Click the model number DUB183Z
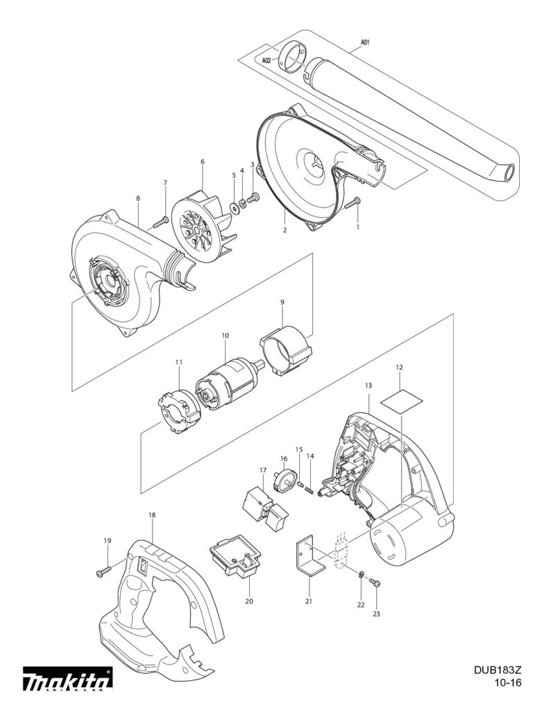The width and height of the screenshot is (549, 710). click(x=498, y=670)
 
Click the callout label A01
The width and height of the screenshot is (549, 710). click(x=364, y=42)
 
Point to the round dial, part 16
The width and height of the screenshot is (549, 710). click(x=285, y=480)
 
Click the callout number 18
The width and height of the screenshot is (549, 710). click(x=152, y=515)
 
